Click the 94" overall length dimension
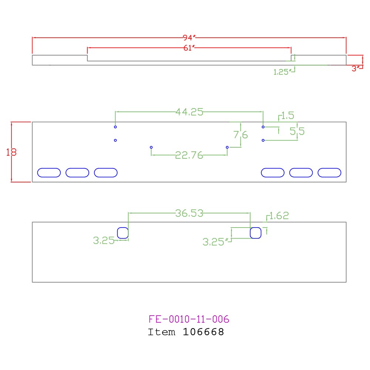coord(189,38)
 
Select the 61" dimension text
coord(189,48)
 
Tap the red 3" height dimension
coord(356,68)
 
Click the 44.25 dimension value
coord(189,112)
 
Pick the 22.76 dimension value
coord(189,156)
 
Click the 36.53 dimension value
coord(189,213)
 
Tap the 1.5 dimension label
coord(287,116)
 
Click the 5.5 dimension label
coord(297,131)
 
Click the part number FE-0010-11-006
coord(189,319)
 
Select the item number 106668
coord(203,332)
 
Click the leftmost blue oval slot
coord(49,172)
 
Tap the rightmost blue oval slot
coord(329,172)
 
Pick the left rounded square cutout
coord(123,233)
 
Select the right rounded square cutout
coord(256,233)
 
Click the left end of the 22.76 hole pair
coord(151,147)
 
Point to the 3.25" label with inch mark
coord(214,242)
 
